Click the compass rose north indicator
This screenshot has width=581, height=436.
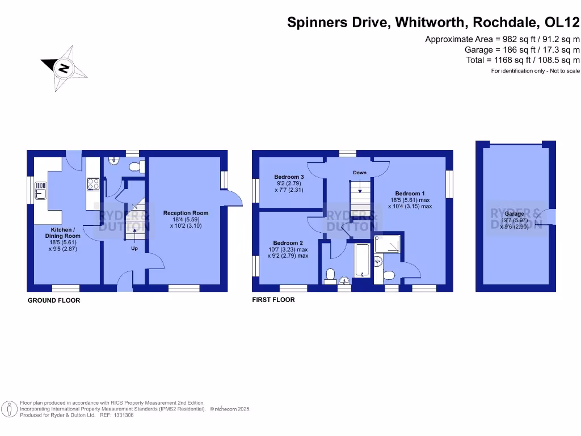tap(64, 68)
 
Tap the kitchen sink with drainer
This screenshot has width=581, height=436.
tap(40, 190)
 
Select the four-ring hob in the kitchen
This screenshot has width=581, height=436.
tap(93, 184)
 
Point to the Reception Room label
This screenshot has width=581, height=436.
tap(186, 213)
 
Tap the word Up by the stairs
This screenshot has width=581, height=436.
tap(134, 249)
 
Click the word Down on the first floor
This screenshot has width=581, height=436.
tap(359, 173)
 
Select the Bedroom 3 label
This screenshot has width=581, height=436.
tap(289, 177)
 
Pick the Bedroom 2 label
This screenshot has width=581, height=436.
tap(289, 242)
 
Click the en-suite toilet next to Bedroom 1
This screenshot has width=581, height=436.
tap(389, 275)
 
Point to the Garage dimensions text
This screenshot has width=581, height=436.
tap(515, 224)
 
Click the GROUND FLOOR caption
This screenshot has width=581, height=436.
tap(54, 300)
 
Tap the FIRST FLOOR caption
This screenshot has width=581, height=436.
tap(273, 300)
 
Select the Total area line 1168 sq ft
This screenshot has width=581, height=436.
tap(523, 60)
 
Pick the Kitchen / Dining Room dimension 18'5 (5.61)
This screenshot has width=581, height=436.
tap(62, 242)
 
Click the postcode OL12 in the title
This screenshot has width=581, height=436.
tap(562, 23)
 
